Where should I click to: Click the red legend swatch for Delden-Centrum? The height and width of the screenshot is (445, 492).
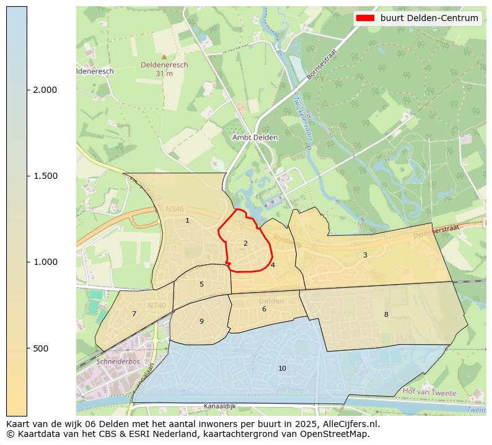click(x=364, y=19)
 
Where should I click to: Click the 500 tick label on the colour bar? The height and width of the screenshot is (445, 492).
click(x=40, y=348)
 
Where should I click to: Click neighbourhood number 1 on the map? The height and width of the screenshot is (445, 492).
click(x=187, y=221)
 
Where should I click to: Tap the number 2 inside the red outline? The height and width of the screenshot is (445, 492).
click(x=245, y=243)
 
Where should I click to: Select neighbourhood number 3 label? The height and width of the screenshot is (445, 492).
click(x=365, y=255)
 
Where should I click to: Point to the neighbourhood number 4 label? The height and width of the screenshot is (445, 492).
click(x=273, y=265)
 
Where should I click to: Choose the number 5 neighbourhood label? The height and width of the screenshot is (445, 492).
click(x=201, y=285)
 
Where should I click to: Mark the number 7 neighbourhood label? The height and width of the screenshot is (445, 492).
click(x=134, y=314)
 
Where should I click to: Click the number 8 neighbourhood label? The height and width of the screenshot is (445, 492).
click(x=386, y=314)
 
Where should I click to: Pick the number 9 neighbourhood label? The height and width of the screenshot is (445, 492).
click(x=201, y=322)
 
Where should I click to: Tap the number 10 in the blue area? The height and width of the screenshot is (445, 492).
click(x=282, y=369)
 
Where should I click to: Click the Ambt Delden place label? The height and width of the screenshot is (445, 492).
click(x=255, y=137)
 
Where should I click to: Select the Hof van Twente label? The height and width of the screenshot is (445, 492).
click(x=429, y=392)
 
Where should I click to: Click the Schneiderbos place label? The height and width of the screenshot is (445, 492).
click(x=116, y=361)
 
